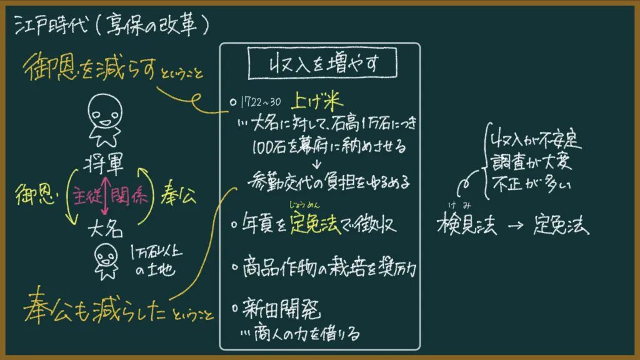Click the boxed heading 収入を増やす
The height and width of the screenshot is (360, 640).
coord(322,63)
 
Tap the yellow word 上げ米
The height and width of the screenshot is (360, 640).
coord(317,101)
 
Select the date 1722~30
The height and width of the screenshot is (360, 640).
coord(261,102)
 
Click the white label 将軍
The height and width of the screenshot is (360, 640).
coord(104,164)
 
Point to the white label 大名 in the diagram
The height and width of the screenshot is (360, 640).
coord(105,229)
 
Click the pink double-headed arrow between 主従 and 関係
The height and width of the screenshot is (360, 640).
coord(105,195)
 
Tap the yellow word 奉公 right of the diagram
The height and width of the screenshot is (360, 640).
coord(178,194)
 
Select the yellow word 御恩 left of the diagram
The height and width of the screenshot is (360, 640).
coord(36,194)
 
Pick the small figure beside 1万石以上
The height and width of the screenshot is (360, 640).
coord(106,261)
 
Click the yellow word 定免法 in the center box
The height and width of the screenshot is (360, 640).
coord(315,223)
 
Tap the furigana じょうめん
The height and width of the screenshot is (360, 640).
coord(304,204)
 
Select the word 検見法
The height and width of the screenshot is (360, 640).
coord(466,224)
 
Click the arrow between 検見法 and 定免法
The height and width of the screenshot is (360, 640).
coord(516,225)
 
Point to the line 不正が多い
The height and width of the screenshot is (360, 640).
coord(531,184)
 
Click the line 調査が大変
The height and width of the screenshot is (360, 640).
coord(531,162)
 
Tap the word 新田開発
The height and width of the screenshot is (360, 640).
coord(282,308)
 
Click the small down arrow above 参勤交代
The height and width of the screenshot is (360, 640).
coord(316,164)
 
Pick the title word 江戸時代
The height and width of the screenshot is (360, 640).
coord(51,25)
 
